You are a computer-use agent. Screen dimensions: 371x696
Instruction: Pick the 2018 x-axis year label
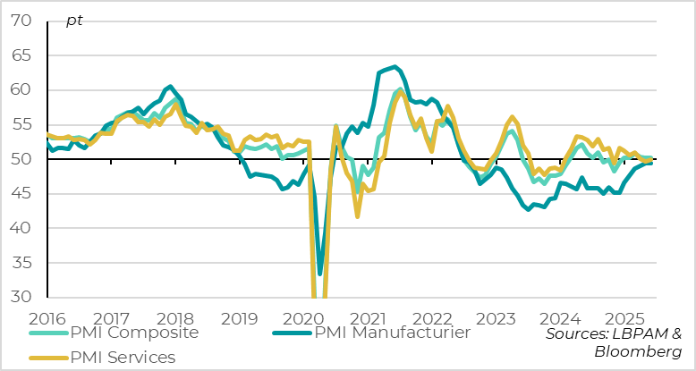click(x=174, y=317)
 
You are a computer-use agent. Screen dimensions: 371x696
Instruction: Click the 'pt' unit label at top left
click(x=74, y=21)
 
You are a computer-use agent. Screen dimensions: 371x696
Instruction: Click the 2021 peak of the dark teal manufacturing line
click(x=396, y=66)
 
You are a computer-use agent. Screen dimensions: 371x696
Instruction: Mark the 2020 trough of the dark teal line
click(x=320, y=274)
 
